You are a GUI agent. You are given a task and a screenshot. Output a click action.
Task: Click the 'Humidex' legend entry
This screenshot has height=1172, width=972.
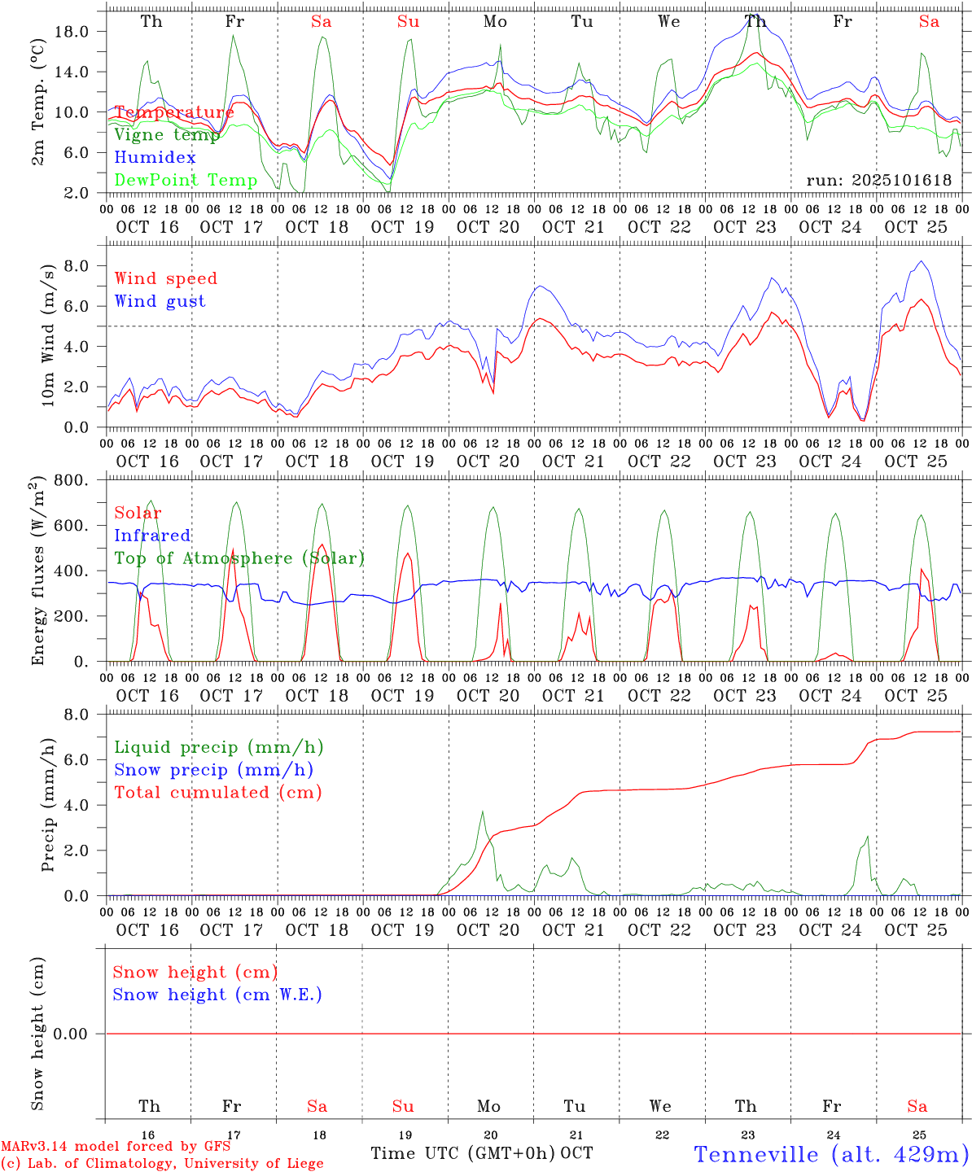[x=155, y=158]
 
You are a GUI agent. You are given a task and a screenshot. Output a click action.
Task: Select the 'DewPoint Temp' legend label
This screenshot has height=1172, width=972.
[x=186, y=181]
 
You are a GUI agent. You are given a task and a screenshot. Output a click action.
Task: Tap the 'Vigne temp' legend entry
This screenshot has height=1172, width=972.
[x=167, y=135]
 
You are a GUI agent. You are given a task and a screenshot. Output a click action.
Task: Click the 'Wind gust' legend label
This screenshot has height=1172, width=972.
[x=160, y=301]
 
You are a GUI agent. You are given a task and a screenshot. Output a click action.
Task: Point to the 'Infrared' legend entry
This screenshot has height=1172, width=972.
[x=152, y=536]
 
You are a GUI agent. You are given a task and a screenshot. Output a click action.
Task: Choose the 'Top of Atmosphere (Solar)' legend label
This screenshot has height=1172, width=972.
[x=239, y=558]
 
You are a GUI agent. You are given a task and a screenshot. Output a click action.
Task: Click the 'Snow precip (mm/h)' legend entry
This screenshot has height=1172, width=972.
[x=213, y=770]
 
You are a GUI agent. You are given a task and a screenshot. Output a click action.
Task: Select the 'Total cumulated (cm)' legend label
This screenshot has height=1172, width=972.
[x=217, y=793]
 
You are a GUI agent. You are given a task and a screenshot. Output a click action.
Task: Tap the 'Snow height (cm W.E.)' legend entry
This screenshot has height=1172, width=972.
[x=217, y=995]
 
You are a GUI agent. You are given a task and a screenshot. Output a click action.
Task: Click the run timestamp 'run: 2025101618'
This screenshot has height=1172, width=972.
[x=878, y=181]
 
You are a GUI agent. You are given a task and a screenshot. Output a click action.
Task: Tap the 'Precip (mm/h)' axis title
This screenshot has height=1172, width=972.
[x=48, y=806]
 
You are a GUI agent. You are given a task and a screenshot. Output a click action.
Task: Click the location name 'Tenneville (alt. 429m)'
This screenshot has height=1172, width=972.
[x=830, y=1154]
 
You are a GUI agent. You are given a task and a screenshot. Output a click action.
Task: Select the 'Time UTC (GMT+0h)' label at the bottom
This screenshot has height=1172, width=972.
[x=463, y=1153]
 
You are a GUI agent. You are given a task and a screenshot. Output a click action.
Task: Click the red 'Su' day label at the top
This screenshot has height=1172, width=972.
[x=408, y=22]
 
